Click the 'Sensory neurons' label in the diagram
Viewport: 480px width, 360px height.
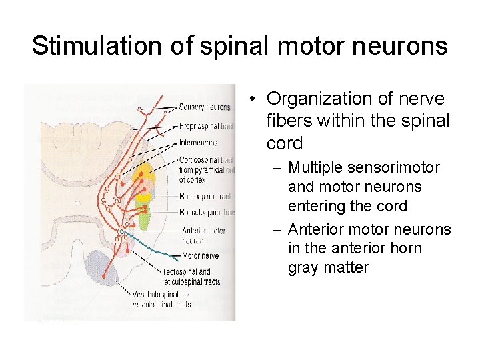click(205, 107)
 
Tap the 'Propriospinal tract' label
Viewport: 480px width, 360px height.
click(207, 126)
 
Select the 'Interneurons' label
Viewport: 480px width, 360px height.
click(198, 143)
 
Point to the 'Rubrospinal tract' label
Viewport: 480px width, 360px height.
click(205, 197)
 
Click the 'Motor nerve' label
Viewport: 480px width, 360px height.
click(200, 256)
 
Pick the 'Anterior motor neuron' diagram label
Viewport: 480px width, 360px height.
click(203, 235)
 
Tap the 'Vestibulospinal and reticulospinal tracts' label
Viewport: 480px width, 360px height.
click(162, 299)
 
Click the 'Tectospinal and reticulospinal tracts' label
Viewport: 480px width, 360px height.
click(191, 277)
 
